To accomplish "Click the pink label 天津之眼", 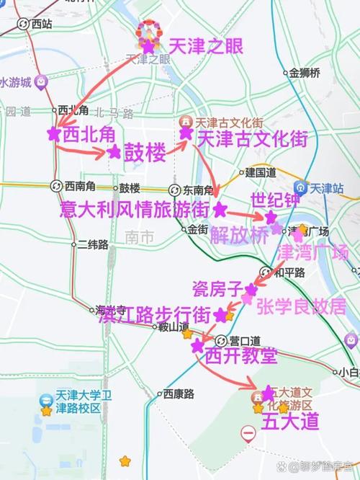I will [x=205, y=47].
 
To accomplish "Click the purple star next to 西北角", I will [x=52, y=134].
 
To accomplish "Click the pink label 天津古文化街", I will [x=252, y=138].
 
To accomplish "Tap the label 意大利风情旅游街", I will [x=135, y=210].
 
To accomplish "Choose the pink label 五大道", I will [x=289, y=420].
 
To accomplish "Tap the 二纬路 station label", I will [x=91, y=244].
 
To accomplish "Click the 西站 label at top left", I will [x=41, y=24].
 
